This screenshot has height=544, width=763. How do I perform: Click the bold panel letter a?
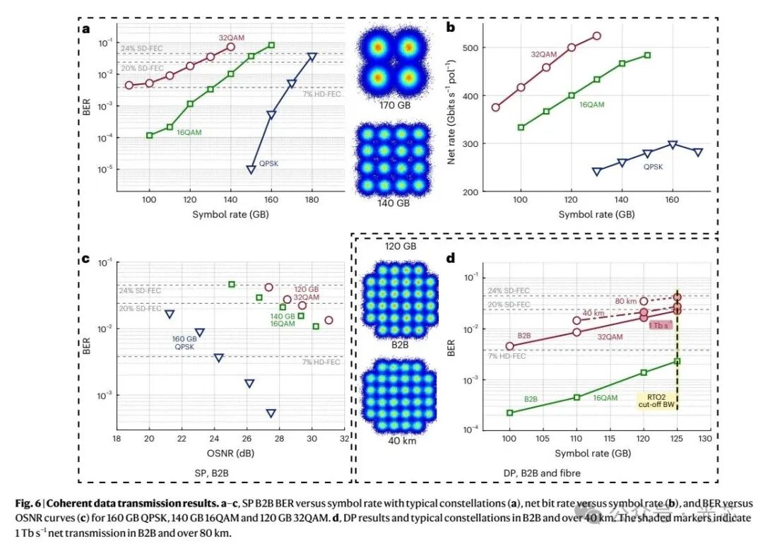coord(86,29)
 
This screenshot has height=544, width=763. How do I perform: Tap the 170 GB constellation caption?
coord(394,108)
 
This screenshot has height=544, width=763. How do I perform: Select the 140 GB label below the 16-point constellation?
coord(394,203)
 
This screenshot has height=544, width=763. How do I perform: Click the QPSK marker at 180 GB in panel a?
coord(312,57)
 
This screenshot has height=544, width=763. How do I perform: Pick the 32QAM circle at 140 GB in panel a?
coord(231,47)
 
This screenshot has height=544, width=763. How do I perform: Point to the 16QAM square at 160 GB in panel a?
coord(271,45)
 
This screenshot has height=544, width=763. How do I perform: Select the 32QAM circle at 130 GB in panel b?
coord(597,35)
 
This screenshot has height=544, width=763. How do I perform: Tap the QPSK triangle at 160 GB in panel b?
coord(673,145)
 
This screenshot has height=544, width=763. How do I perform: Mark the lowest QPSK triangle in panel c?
coord(271,413)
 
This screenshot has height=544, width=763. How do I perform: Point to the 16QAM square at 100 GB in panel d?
coord(510,413)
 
